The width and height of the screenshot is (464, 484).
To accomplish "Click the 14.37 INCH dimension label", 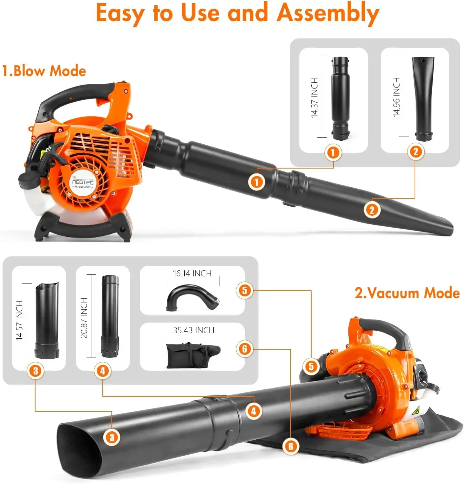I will pyautogui.click(x=314, y=98).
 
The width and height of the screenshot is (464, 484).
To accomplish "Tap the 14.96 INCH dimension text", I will pyautogui.click(x=397, y=97).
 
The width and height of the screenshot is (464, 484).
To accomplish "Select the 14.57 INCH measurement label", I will pyautogui.click(x=19, y=321).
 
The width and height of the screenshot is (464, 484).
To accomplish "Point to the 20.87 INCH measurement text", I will pyautogui.click(x=84, y=318).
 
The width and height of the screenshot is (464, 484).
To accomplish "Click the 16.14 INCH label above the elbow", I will pyautogui.click(x=192, y=273).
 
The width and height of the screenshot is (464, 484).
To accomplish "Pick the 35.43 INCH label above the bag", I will pyautogui.click(x=193, y=330).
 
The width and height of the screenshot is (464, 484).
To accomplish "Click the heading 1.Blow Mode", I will pyautogui.click(x=44, y=71).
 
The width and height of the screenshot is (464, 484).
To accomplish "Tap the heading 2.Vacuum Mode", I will pyautogui.click(x=407, y=293).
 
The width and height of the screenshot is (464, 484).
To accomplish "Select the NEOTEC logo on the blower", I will pyautogui.click(x=83, y=182).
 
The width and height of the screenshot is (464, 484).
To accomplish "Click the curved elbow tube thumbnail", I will pyautogui.click(x=192, y=297).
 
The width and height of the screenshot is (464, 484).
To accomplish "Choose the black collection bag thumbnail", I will pyautogui.click(x=193, y=355).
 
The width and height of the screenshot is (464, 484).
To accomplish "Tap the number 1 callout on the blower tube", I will pyautogui.click(x=256, y=182).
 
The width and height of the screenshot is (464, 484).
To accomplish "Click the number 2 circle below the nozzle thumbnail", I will pyautogui.click(x=416, y=151).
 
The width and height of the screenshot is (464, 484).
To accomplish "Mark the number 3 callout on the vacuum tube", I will pyautogui.click(x=112, y=438).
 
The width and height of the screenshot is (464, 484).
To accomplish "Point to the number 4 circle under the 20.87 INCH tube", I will pyautogui.click(x=102, y=371).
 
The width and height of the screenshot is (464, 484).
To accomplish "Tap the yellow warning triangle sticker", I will pyautogui.click(x=416, y=411).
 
